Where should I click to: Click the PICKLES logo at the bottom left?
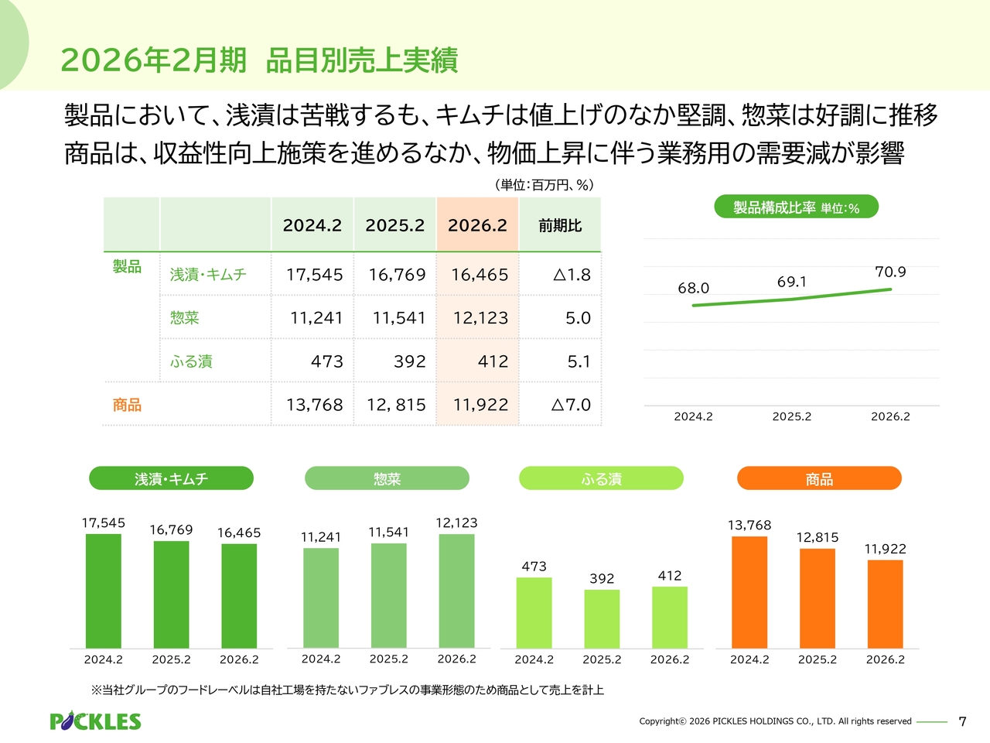click(95, 721)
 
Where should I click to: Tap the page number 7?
click(962, 721)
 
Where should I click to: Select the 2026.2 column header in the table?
click(477, 225)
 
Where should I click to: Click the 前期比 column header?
click(560, 225)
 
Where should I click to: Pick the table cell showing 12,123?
click(480, 318)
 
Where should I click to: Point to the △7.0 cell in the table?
click(571, 405)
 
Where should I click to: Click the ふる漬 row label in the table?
click(191, 361)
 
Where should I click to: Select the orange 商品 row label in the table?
click(127, 405)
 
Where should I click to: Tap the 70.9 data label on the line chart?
click(890, 272)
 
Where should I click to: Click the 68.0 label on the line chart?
click(693, 288)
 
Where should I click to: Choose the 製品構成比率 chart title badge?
click(796, 207)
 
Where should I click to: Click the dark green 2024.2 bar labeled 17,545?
click(103, 591)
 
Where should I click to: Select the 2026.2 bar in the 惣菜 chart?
click(456, 591)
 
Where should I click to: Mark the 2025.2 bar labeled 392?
click(602, 619)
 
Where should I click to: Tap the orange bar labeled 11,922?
click(885, 604)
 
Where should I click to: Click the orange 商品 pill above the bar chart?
click(819, 479)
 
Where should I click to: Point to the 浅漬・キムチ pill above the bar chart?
click(171, 479)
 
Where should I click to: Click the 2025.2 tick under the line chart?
click(791, 416)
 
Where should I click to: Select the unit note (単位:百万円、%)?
click(544, 185)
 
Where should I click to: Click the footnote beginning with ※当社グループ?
click(347, 690)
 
